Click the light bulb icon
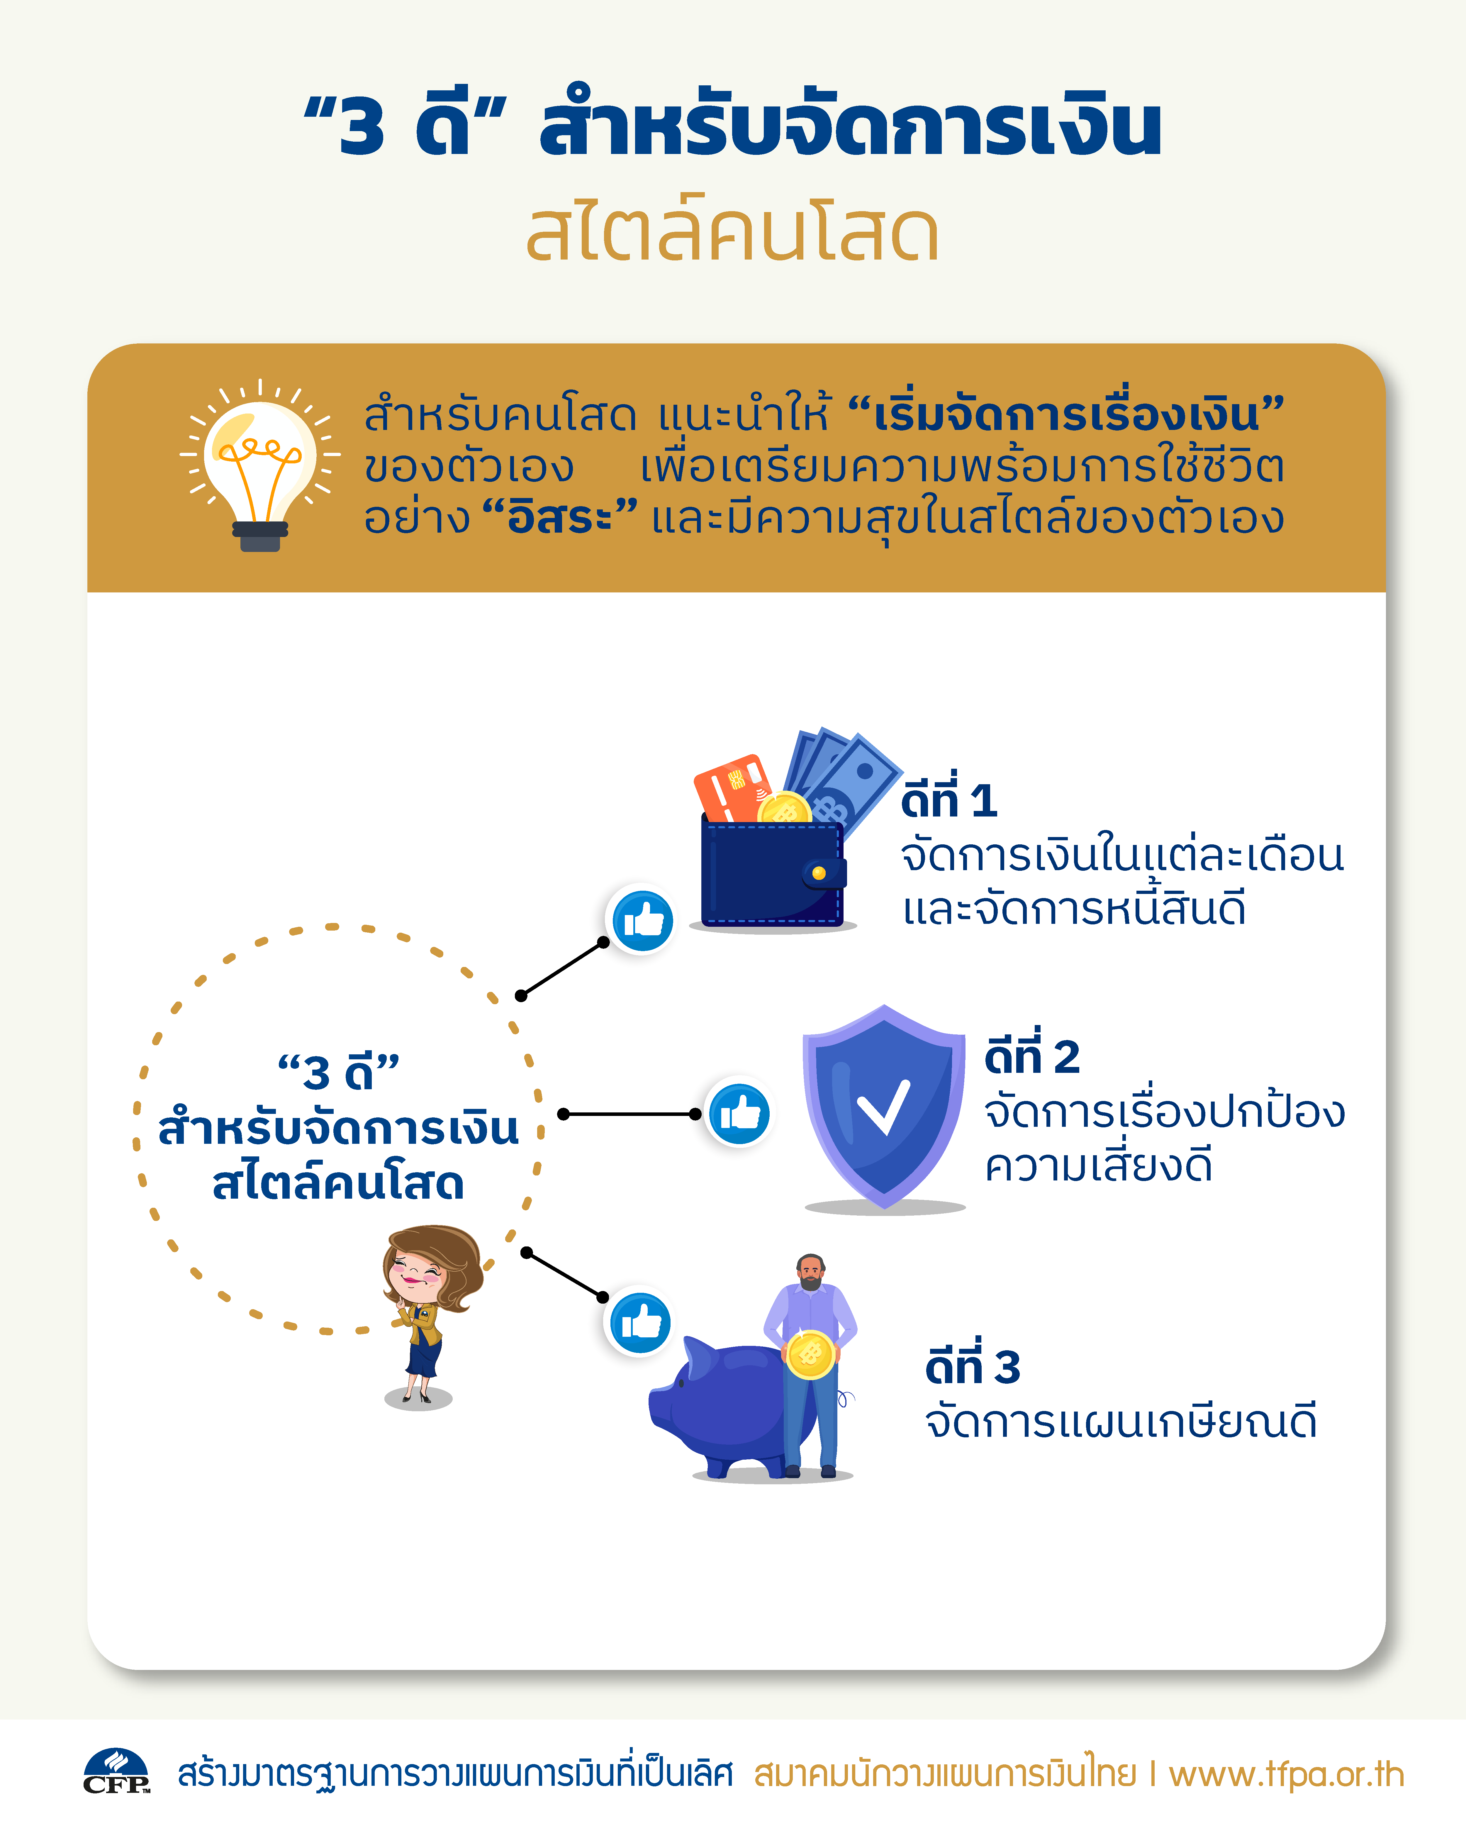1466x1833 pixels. click(260, 466)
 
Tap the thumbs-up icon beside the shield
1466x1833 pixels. click(739, 1113)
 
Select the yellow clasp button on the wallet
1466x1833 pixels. click(818, 873)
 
